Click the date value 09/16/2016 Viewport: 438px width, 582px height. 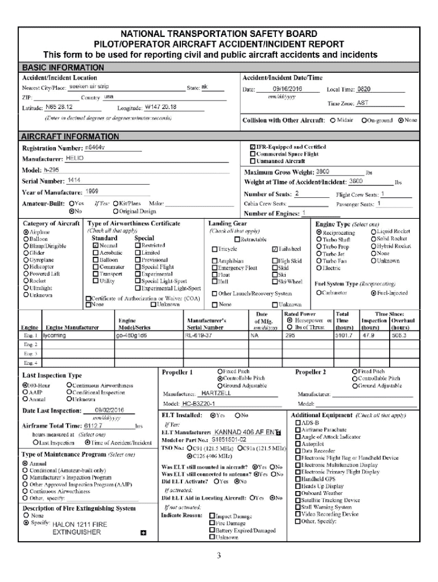pyautogui.click(x=287, y=89)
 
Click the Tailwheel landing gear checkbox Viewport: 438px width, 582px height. pyautogui.click(x=275, y=249)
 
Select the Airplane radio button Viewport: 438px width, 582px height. pyautogui.click(x=26, y=232)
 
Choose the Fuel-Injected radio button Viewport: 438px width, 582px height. pyautogui.click(x=373, y=293)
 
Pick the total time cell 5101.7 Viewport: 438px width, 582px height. pyautogui.click(x=344, y=336)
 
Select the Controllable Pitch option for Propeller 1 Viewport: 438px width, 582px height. pyautogui.click(x=220, y=378)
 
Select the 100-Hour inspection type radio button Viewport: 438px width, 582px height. pyautogui.click(x=25, y=385)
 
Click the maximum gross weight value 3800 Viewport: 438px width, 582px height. pyautogui.click(x=323, y=171)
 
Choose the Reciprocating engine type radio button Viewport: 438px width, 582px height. pyautogui.click(x=319, y=232)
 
